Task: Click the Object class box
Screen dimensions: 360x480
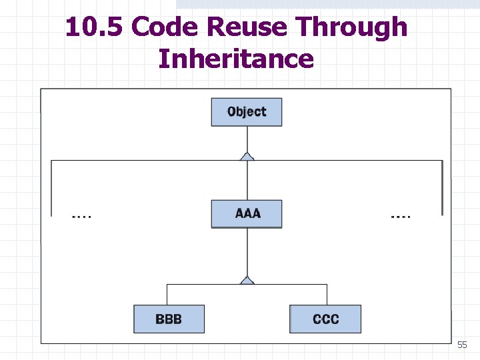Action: point(247,112)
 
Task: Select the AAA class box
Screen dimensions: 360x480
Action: point(247,214)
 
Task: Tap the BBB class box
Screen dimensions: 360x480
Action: point(169,319)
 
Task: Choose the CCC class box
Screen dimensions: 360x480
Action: point(325,319)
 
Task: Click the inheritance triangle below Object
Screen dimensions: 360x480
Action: point(247,157)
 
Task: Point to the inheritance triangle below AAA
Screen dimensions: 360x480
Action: point(247,281)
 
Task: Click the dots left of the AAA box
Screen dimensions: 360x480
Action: point(82,216)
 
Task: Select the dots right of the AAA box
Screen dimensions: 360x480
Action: point(400,216)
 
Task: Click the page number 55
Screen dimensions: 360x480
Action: point(462,345)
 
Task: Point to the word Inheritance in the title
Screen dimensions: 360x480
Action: point(236,59)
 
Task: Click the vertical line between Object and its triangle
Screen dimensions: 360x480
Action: point(247,139)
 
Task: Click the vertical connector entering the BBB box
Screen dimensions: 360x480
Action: point(167,295)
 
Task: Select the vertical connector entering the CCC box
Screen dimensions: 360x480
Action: point(327,295)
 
